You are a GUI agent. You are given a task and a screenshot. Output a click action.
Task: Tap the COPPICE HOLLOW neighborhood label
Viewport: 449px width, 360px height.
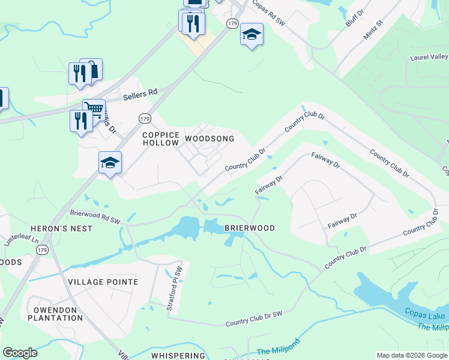(160, 139)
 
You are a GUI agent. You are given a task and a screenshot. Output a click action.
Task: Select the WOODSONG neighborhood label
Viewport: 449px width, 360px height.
(209, 139)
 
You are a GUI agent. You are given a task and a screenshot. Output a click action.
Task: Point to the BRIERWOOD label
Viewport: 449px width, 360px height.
(249, 228)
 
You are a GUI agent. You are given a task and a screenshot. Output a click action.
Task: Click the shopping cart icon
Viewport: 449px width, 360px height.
(93, 109)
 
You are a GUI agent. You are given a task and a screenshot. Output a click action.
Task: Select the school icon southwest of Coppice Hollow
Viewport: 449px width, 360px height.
(110, 162)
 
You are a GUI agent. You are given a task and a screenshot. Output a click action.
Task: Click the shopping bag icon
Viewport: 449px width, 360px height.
(92, 68)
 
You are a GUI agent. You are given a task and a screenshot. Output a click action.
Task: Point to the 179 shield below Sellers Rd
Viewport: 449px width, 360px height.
(144, 119)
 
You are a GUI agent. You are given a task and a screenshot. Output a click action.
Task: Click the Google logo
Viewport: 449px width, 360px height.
(20, 353)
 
